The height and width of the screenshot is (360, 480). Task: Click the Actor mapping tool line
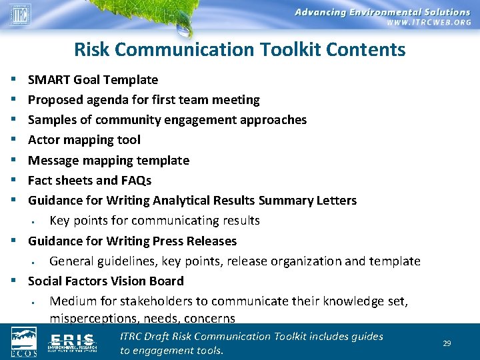[x=84, y=140]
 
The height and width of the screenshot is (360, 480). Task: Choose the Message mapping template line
[x=108, y=161]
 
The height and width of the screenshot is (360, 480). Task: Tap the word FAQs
[x=136, y=181]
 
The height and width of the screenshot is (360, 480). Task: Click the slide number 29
[x=447, y=343]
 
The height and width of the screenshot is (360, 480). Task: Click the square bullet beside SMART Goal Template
[x=14, y=80]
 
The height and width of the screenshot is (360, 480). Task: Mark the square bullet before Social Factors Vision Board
[x=14, y=281]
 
